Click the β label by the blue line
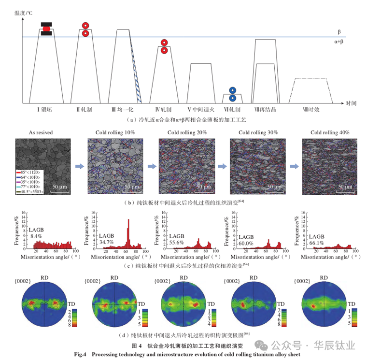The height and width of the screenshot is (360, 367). tap(340, 32)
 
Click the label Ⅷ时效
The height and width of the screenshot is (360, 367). tap(312, 110)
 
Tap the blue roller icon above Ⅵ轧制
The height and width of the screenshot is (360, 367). tap(233, 90)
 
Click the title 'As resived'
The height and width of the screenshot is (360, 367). tap(41, 132)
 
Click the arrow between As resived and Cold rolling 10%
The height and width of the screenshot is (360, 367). tap(80, 166)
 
